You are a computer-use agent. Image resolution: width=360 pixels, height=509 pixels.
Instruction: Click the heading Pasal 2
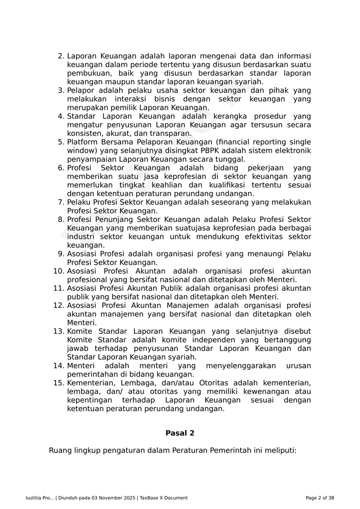point(180,433)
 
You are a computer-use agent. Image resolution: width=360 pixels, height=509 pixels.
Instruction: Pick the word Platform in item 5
point(83,143)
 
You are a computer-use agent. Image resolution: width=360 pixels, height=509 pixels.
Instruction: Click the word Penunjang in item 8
point(114,219)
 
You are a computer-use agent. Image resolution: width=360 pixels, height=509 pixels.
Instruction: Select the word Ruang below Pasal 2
point(60,450)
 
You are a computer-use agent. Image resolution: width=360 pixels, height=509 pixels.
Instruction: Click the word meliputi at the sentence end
point(277,450)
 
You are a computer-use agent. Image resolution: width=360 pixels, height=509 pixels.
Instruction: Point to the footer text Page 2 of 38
point(320,498)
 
